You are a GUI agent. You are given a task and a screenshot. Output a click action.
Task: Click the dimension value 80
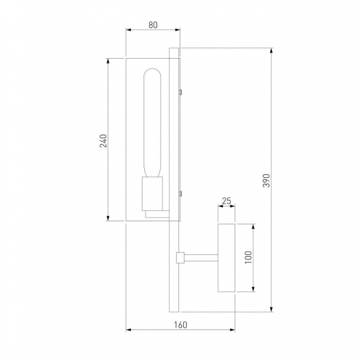[153, 25]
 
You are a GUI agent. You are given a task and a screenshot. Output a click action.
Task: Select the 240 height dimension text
[103, 141]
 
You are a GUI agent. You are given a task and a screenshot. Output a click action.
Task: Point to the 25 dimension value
[226, 200]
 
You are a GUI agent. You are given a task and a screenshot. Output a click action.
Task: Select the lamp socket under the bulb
[152, 193]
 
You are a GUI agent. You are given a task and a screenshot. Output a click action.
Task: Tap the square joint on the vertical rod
[180, 258]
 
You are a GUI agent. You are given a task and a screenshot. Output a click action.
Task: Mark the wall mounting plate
[226, 258]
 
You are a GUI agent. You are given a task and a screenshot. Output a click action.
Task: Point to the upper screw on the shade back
[181, 92]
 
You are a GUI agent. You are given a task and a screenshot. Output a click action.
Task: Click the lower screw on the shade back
[181, 194]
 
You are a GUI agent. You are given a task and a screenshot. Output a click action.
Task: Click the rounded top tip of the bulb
[152, 71]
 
